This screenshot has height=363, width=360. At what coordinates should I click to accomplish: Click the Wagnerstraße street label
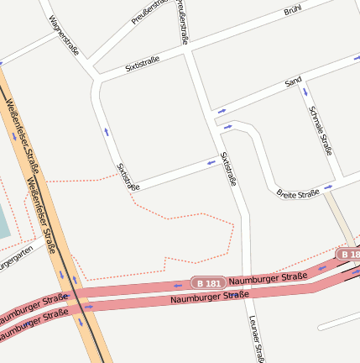64,35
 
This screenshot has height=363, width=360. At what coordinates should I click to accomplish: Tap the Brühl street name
292,11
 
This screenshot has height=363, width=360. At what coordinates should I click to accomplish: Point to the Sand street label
293,82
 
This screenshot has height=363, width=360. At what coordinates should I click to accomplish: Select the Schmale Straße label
321,130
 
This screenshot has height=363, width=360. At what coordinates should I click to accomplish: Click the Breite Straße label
298,193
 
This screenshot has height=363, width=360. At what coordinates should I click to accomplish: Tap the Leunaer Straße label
257,339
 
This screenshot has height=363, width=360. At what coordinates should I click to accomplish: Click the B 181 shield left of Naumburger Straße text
207,283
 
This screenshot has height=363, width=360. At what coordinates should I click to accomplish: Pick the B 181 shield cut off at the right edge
349,253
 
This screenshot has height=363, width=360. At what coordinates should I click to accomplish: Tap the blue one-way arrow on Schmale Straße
305,90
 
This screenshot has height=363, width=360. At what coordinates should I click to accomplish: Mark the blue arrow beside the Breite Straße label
328,187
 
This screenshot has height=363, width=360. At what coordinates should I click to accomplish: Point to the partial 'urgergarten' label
18,260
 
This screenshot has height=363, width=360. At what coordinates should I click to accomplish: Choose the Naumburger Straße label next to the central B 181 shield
268,278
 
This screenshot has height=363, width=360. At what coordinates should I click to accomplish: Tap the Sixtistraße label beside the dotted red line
128,176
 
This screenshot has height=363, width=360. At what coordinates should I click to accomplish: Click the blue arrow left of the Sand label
222,110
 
